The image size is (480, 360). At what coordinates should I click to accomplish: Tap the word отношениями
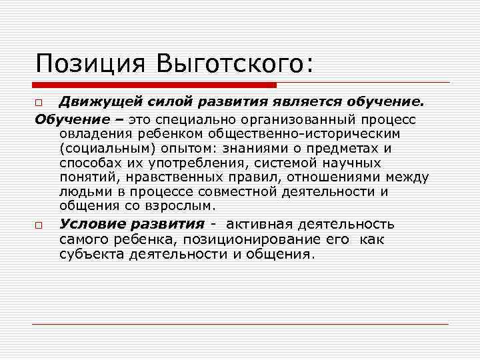341,178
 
